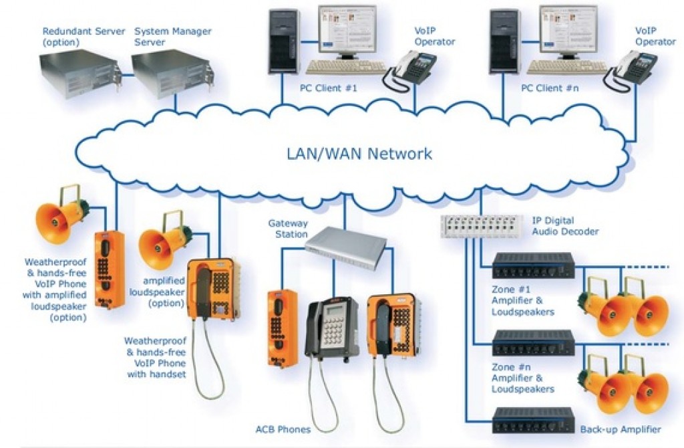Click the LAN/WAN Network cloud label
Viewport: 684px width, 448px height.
click(x=359, y=154)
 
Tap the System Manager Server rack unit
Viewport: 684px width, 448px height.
click(x=170, y=74)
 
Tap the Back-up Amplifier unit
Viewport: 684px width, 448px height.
click(x=533, y=420)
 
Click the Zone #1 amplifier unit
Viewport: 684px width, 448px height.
click(x=533, y=265)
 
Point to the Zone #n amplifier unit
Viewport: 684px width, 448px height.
click(x=533, y=342)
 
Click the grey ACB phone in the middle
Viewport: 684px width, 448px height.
click(x=331, y=327)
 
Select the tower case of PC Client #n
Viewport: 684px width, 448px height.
click(x=506, y=41)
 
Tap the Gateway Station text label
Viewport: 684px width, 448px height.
click(x=288, y=228)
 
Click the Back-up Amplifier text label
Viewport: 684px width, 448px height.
click(x=621, y=429)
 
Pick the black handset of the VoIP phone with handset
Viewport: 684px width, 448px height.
click(x=200, y=292)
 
